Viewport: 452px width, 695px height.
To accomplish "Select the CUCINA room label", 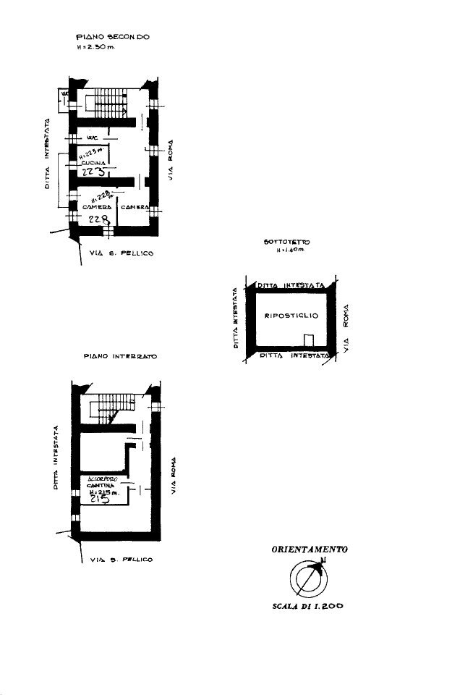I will click(93, 164).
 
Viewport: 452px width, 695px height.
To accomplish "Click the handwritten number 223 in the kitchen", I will click(95, 172).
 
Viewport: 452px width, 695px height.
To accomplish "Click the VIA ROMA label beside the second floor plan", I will click(171, 161).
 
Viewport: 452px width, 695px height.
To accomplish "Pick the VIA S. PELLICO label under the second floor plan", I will click(122, 254).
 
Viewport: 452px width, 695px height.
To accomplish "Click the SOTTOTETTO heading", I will click(283, 242).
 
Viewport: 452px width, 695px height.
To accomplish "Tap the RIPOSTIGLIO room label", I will click(291, 316).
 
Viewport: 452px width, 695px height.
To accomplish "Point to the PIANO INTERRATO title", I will click(121, 357).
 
